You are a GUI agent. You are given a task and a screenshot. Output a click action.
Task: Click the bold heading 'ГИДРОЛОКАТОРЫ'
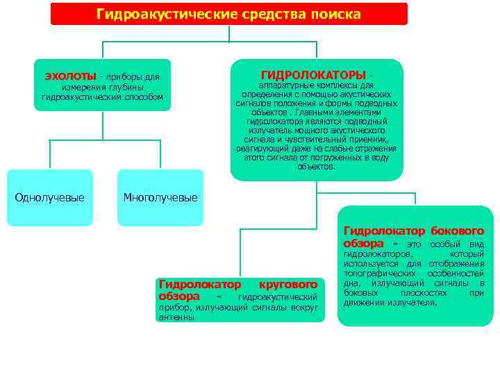(x=313, y=74)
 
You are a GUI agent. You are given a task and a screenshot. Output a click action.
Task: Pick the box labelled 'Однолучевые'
(x=50, y=198)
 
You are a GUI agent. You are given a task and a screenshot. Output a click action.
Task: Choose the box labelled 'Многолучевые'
(x=160, y=198)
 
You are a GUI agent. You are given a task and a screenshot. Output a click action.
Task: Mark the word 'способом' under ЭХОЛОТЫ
(x=147, y=97)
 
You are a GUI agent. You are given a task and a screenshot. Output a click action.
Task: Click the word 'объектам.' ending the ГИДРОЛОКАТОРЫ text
(x=317, y=167)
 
